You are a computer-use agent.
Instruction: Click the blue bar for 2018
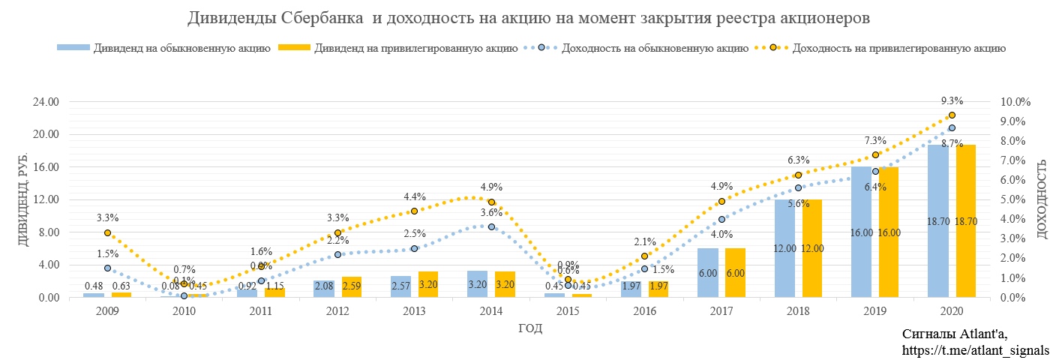coord(785,248)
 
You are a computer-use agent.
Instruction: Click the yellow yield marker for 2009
coord(108,233)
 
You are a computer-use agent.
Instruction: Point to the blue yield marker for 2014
coord(491,226)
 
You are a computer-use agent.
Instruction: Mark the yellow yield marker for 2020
coord(952,115)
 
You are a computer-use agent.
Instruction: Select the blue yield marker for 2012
coord(337,254)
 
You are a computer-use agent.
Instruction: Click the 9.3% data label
coord(952,101)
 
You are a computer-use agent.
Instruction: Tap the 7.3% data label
coord(875,140)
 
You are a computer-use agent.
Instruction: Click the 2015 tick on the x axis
coord(568,311)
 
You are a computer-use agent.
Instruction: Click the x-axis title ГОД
coord(530,328)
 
